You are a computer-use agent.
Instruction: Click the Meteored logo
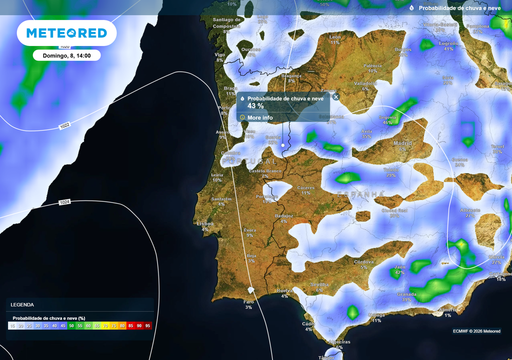point(66,33)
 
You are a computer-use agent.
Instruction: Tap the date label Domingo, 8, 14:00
point(66,55)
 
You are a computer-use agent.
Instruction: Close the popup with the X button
point(336,97)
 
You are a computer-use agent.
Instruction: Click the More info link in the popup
point(260,117)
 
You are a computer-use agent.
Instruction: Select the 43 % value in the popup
point(255,106)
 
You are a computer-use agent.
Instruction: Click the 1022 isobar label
point(64,126)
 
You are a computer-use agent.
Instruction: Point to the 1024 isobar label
point(65,202)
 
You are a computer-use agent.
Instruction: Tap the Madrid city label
point(402,143)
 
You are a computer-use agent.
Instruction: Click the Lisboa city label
point(205,223)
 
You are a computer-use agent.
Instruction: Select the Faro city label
point(248,302)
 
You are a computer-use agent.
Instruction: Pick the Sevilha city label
point(319,284)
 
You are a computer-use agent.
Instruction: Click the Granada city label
point(406,294)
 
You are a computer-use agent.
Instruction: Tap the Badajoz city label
point(284,215)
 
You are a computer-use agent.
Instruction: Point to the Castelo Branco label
point(265,171)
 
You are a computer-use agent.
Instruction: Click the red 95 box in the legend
point(147,325)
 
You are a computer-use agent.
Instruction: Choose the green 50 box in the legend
point(71,325)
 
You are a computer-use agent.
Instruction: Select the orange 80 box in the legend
point(122,325)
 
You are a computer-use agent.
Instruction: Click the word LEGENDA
point(22,304)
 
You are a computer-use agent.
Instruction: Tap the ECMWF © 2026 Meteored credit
point(476,331)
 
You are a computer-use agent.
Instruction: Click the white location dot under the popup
point(283,145)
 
